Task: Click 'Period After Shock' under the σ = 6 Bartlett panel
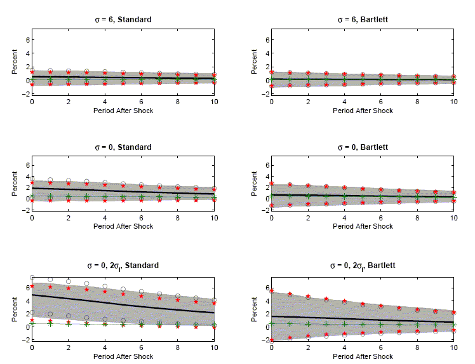tap(363, 111)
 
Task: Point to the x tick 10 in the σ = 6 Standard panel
tap(214, 102)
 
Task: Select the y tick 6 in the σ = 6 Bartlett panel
tap(265, 39)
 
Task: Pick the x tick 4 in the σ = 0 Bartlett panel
tap(344, 220)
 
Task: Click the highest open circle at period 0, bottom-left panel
tap(32, 278)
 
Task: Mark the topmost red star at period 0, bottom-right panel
tap(272, 290)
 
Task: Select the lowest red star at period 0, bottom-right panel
tap(272, 340)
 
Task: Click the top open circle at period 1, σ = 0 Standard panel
tap(50, 180)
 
